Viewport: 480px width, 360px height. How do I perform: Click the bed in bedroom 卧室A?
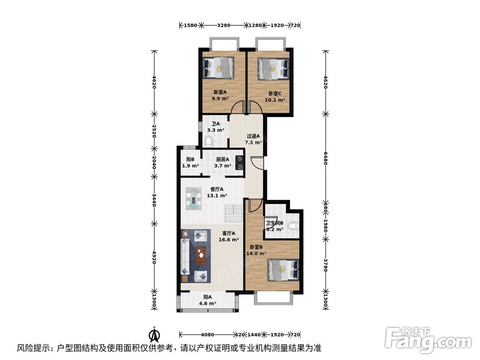pyautogui.click(x=219, y=67)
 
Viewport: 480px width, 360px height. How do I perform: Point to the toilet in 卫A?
pyautogui.click(x=208, y=141)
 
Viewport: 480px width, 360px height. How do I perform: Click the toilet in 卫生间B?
pyautogui.click(x=294, y=224)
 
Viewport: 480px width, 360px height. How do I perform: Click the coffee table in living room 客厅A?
pyautogui.click(x=201, y=255)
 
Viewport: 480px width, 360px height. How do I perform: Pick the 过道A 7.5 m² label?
pyautogui.click(x=253, y=139)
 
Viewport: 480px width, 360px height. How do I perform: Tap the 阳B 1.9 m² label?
pyautogui.click(x=190, y=163)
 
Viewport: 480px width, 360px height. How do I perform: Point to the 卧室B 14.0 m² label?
pyautogui.click(x=254, y=251)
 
